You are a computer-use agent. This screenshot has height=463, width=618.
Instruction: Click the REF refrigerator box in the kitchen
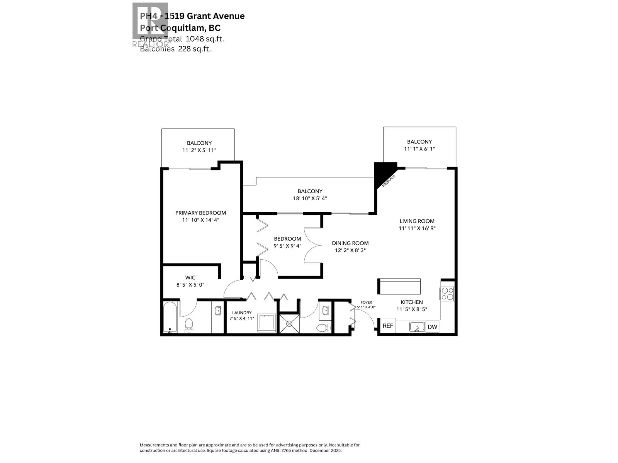click(x=387, y=326)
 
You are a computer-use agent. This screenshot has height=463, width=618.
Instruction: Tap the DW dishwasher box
click(x=433, y=327)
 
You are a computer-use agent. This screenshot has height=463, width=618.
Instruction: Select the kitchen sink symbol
click(x=417, y=327)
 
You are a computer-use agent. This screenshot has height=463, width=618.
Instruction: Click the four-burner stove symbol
click(x=447, y=294)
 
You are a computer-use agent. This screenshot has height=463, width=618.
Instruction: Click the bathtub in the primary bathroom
click(x=170, y=317)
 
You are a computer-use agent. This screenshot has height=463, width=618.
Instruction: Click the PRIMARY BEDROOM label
click(x=200, y=213)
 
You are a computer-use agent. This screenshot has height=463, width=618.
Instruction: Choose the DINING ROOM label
click(x=350, y=243)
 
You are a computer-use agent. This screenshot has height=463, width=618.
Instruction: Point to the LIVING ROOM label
click(x=417, y=221)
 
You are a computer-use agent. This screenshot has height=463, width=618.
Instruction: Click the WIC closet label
click(x=190, y=277)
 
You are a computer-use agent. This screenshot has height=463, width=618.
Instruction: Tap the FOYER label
click(x=366, y=302)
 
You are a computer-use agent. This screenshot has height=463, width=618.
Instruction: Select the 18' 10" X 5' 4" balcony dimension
click(x=310, y=198)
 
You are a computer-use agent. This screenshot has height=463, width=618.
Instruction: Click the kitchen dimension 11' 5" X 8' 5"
click(x=411, y=309)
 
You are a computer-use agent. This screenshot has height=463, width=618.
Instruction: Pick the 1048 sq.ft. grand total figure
click(x=205, y=39)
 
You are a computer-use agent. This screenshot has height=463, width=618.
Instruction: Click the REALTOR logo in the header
click(x=150, y=24)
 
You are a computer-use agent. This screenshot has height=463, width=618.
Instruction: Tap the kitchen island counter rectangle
click(x=399, y=286)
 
